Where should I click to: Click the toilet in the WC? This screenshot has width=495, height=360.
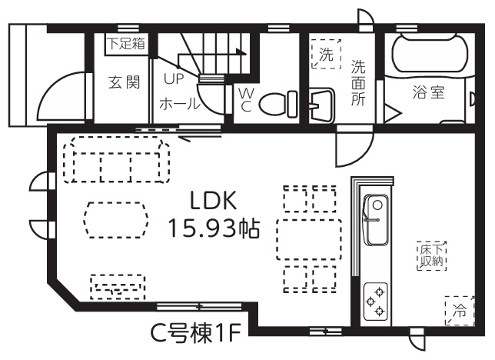pyautogui.click(x=277, y=103)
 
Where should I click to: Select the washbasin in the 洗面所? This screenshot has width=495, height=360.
pyautogui.click(x=321, y=105)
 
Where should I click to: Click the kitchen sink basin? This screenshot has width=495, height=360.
pyautogui.click(x=376, y=220)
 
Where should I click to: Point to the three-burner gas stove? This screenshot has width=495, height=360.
pyautogui.click(x=376, y=302)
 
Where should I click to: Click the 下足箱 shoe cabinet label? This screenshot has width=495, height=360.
pyautogui.click(x=126, y=43)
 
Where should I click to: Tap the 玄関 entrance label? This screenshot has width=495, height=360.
pyautogui.click(x=124, y=82)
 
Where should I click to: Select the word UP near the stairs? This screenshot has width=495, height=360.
pyautogui.click(x=174, y=78)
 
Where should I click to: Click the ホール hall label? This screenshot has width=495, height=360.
pyautogui.click(x=180, y=103)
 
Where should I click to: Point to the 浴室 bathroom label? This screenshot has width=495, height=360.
pyautogui.click(x=428, y=92)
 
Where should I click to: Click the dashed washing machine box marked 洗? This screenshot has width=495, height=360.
pyautogui.click(x=326, y=54)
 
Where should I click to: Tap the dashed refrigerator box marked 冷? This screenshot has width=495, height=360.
pyautogui.click(x=460, y=311)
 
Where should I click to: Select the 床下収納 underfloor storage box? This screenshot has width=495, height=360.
pyautogui.click(x=431, y=256)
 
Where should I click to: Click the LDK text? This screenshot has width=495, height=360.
pyautogui.click(x=214, y=201)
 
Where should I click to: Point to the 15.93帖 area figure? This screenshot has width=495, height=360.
pyautogui.click(x=214, y=228)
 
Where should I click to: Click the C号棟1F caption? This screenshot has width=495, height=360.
pyautogui.click(x=195, y=334)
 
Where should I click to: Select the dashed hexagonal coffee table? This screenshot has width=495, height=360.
pyautogui.click(x=116, y=220)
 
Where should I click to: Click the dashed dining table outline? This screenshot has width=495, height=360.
pyautogui.click(x=309, y=239)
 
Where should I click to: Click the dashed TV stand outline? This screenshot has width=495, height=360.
pyautogui.click(x=118, y=287)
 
